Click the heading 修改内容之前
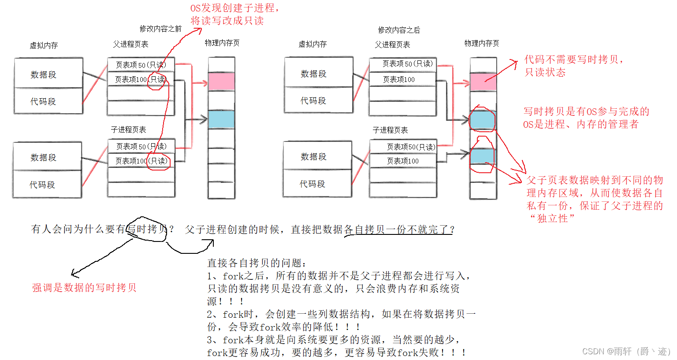(160, 29)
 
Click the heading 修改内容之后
(399, 30)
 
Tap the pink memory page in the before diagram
(221, 82)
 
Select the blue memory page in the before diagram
(221, 119)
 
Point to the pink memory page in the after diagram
(483, 82)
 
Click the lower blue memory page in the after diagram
(482, 156)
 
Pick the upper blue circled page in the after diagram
(482, 120)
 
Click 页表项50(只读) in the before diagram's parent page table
(141, 65)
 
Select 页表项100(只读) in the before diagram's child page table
(141, 161)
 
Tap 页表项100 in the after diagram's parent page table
(399, 79)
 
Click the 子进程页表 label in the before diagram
(128, 130)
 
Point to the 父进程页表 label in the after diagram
(392, 45)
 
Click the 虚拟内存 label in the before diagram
(44, 45)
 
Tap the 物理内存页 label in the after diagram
(482, 43)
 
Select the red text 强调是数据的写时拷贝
(84, 288)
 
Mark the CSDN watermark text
(626, 351)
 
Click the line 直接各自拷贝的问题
(257, 263)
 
